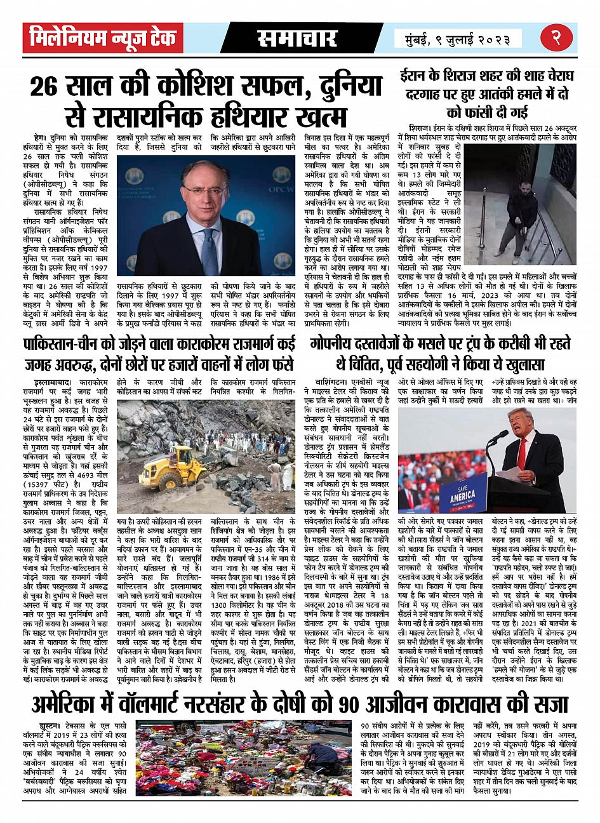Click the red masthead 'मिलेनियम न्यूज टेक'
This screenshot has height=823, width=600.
click(102, 40)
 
